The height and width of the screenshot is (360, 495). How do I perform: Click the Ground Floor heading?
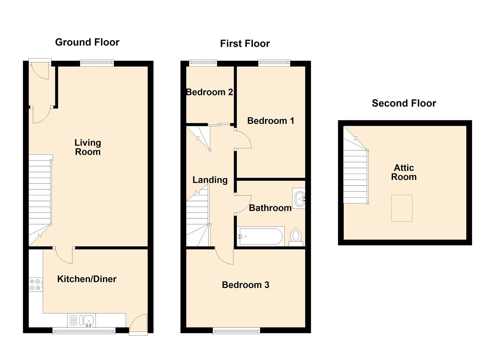[87, 42]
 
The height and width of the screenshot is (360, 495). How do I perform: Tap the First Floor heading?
[245, 44]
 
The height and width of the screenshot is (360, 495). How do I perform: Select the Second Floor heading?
[404, 103]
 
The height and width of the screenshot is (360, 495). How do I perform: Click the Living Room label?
[88, 147]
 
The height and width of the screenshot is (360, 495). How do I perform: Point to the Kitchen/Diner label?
[87, 279]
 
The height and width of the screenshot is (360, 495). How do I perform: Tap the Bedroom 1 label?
[271, 121]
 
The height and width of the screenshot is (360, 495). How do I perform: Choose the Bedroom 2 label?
[209, 92]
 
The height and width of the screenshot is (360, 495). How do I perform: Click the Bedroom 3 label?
[246, 285]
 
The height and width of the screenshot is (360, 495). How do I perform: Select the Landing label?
[210, 180]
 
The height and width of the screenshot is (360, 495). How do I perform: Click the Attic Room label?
[404, 172]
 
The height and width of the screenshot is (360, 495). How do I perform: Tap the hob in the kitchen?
[36, 285]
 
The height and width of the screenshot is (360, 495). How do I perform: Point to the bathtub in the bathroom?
[261, 236]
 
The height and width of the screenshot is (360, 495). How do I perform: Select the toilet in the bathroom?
[296, 238]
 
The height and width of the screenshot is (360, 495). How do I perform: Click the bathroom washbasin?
[299, 198]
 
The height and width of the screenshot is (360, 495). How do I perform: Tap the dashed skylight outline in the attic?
[402, 208]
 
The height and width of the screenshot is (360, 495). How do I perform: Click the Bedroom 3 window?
[236, 331]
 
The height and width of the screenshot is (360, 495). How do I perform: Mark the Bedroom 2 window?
[203, 63]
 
